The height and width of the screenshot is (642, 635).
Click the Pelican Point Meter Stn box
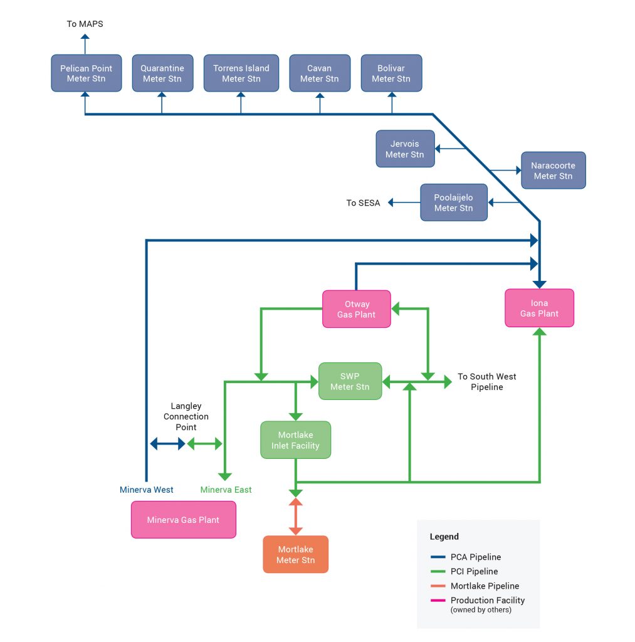(x=86, y=73)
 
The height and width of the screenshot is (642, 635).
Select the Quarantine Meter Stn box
(x=162, y=73)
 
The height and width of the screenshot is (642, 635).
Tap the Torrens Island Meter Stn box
(x=241, y=73)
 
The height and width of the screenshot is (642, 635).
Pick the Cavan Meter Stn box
(x=319, y=73)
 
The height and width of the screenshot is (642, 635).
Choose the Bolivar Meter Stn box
(x=391, y=73)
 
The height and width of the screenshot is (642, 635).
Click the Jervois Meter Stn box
(x=404, y=149)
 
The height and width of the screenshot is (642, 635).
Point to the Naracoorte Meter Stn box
(x=553, y=171)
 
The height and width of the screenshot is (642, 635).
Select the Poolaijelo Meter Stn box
(x=453, y=203)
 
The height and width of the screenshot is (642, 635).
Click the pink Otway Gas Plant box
(x=356, y=309)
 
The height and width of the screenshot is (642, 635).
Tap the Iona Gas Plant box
(x=539, y=308)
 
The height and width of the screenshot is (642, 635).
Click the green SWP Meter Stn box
(x=350, y=381)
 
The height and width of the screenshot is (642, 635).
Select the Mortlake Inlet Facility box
(x=295, y=440)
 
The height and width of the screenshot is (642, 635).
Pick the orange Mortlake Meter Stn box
(x=295, y=554)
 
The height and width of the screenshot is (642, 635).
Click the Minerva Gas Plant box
(x=183, y=520)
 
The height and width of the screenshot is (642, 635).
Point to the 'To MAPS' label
(x=85, y=24)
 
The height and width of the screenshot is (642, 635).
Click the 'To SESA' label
(x=363, y=203)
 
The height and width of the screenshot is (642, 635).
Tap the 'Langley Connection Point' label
(x=186, y=417)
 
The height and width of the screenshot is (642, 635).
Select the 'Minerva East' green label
(x=226, y=490)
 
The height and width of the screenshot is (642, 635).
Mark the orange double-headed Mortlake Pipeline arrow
(x=295, y=517)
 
